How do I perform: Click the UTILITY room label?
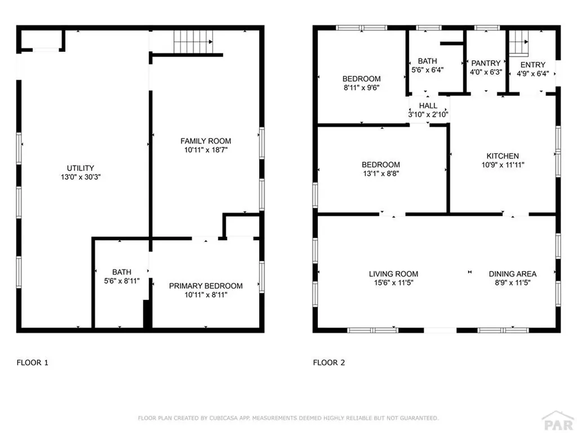tap(80, 168)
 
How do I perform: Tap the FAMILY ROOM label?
tap(206, 141)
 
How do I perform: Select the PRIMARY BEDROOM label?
tap(206, 286)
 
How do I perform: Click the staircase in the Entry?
tap(518, 43)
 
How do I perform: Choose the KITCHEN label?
tap(503, 156)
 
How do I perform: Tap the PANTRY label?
tap(486, 63)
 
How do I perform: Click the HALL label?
tap(428, 105)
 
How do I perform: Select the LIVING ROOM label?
tap(393, 274)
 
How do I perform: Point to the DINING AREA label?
tap(512, 274)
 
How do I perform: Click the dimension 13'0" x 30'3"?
tap(80, 176)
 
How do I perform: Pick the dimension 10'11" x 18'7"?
tap(206, 150)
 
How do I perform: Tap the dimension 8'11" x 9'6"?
tap(361, 87)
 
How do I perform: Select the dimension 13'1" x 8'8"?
tap(381, 174)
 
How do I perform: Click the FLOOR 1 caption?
tap(32, 363)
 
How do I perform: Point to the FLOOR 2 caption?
tap(329, 363)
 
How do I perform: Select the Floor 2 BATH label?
tap(427, 61)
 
